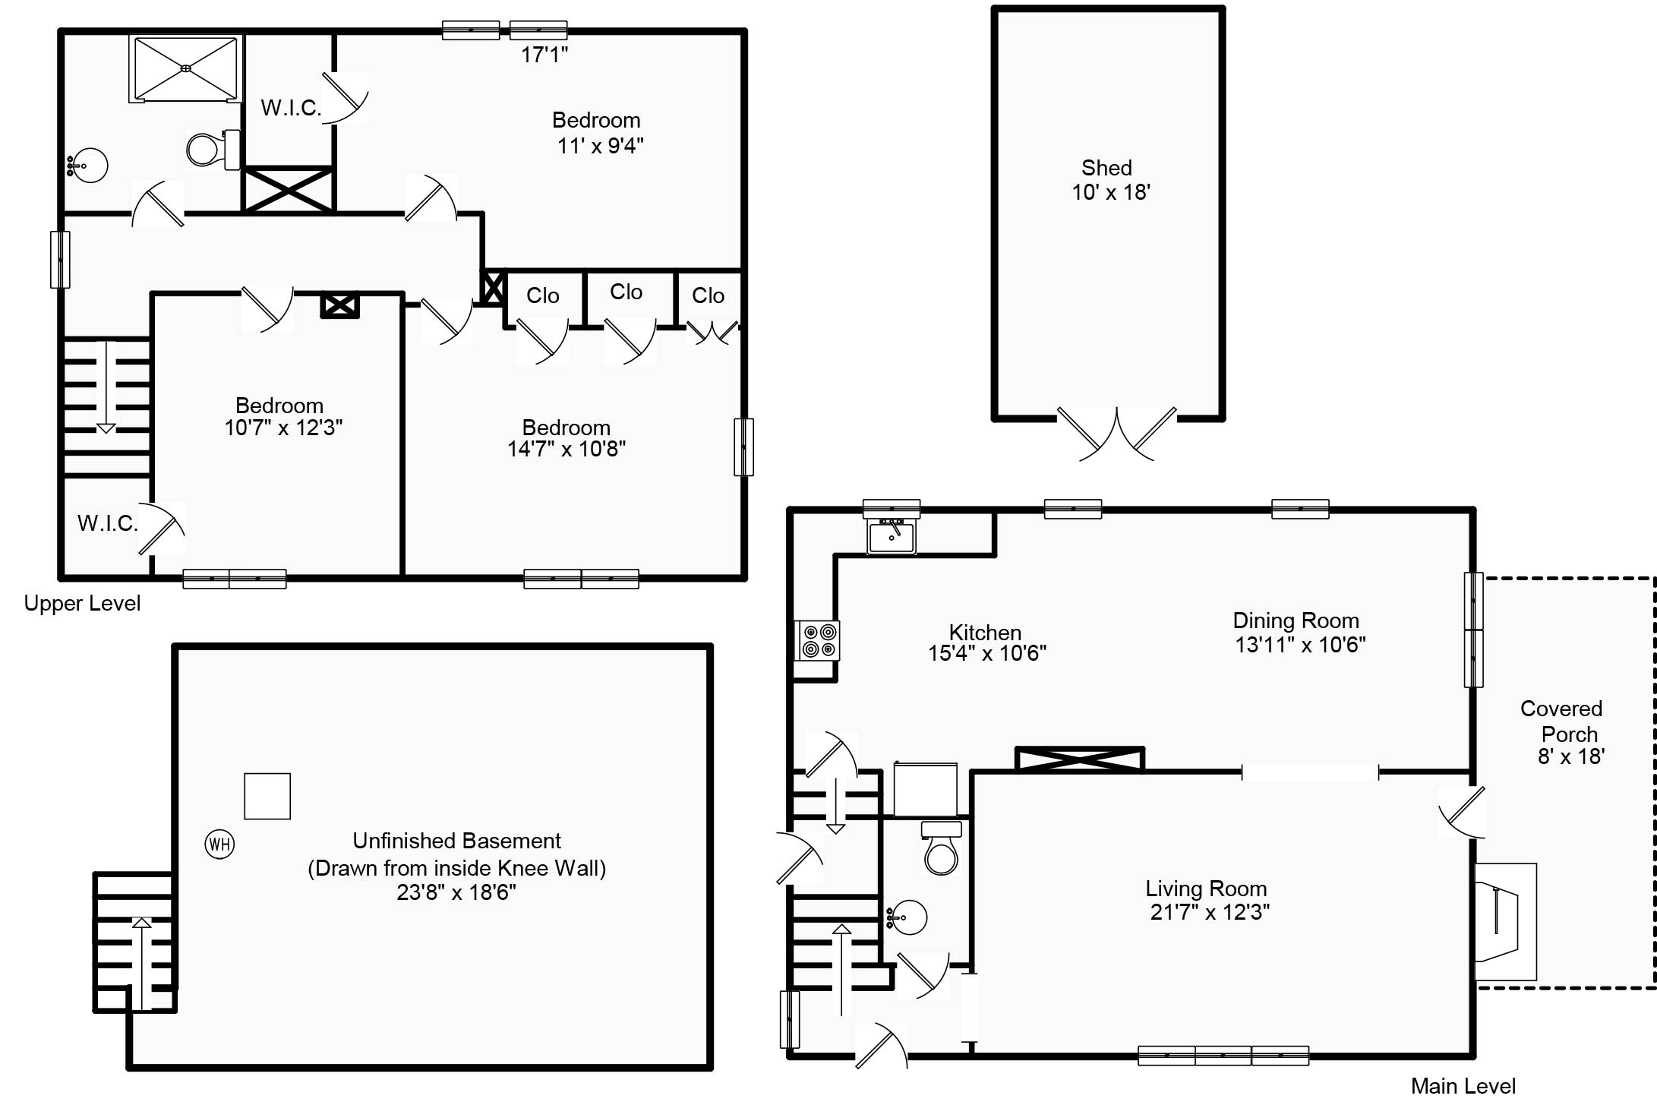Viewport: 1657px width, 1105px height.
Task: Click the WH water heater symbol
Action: (220, 844)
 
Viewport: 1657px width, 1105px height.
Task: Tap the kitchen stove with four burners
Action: (817, 639)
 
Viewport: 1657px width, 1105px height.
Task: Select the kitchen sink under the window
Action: (892, 536)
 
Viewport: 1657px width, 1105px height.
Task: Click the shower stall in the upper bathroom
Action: (186, 68)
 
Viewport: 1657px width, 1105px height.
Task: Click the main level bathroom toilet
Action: (942, 848)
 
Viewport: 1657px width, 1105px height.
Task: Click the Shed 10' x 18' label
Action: (1109, 180)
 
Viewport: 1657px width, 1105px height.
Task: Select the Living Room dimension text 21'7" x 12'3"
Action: (1210, 912)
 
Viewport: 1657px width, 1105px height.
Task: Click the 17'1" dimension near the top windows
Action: (544, 55)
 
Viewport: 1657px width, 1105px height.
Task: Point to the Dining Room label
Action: (1296, 620)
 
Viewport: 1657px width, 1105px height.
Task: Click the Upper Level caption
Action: (82, 603)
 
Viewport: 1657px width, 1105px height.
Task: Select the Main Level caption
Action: (1463, 1085)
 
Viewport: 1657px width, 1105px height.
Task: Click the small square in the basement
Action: (267, 796)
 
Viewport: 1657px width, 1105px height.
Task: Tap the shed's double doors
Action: (1117, 434)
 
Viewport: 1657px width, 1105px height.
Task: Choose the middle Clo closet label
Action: (626, 292)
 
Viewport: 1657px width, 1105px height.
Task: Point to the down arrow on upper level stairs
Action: (106, 387)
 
